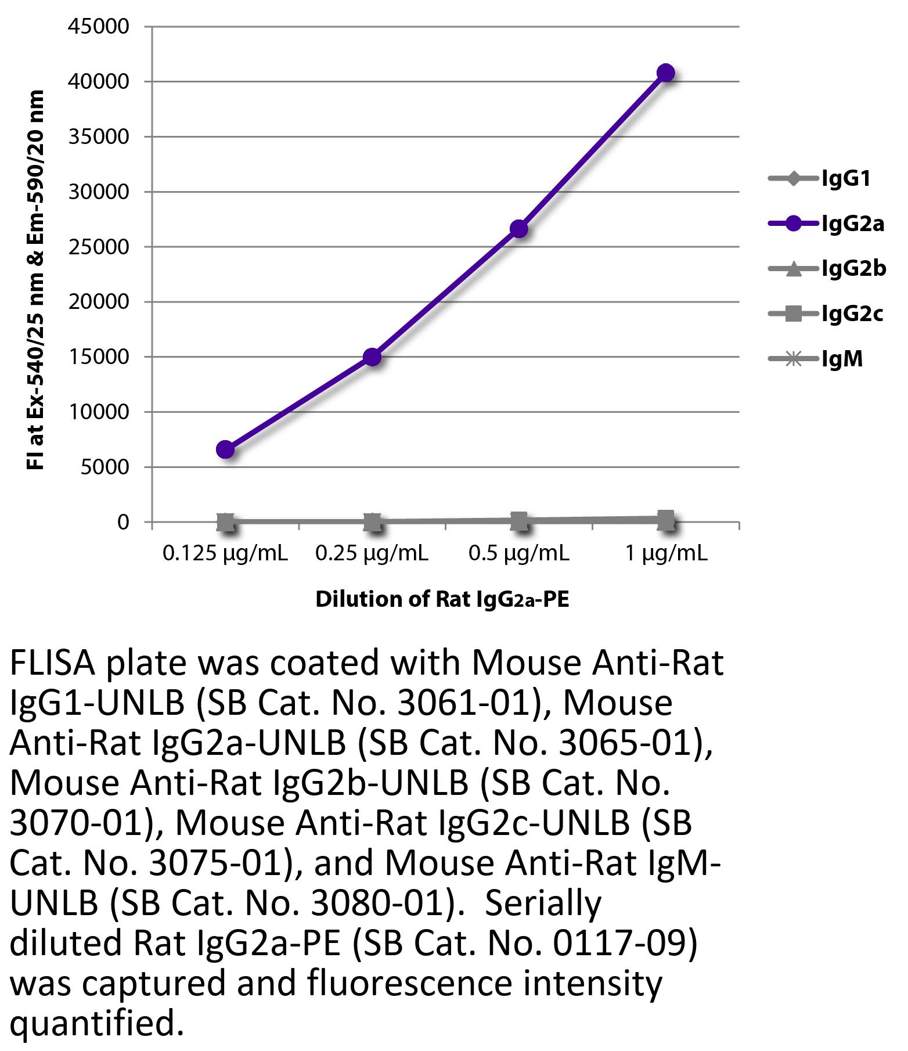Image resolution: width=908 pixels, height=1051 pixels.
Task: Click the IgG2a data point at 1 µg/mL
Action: coord(665,73)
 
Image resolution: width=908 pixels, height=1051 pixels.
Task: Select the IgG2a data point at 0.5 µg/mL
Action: coord(518,229)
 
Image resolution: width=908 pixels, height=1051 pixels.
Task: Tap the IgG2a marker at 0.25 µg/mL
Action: coord(372,357)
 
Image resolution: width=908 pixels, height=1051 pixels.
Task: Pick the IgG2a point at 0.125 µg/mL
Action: coord(225,449)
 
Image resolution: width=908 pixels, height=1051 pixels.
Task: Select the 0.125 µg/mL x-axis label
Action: coord(225,554)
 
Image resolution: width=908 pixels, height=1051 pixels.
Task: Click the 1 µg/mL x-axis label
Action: coord(666,554)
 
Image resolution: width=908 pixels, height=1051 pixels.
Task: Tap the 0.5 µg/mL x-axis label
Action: coord(519,554)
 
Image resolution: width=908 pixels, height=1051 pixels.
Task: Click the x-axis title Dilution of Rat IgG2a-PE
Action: coord(442,599)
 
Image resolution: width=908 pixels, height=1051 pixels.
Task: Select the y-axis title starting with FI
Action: coord(36,279)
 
